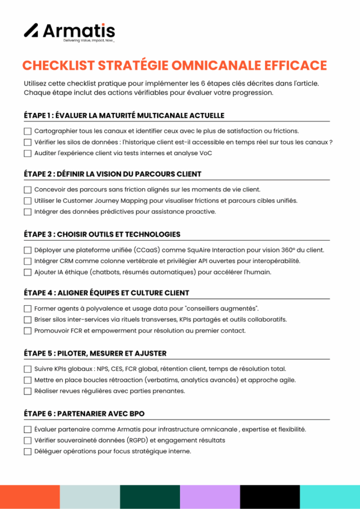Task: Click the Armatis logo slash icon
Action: [x=31, y=30]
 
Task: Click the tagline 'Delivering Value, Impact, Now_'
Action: [x=89, y=41]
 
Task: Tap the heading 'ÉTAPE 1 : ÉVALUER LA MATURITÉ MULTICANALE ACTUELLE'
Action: [x=124, y=116]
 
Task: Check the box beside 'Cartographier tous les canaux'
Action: [x=27, y=131]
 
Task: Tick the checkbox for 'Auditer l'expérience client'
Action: [x=27, y=153]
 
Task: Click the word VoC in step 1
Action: [x=205, y=153]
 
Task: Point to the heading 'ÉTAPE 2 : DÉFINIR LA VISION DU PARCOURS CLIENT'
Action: [x=112, y=174]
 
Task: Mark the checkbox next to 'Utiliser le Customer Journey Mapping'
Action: [x=27, y=201]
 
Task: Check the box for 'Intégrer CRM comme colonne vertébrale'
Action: [x=27, y=261]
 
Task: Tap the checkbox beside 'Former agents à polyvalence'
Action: [x=27, y=309]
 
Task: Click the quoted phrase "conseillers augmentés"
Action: [x=223, y=309]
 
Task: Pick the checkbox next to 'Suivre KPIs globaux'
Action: [x=27, y=369]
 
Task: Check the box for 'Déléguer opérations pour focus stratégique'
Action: [x=27, y=451]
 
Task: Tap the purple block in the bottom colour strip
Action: [x=210, y=497]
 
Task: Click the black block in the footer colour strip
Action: [x=270, y=497]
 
